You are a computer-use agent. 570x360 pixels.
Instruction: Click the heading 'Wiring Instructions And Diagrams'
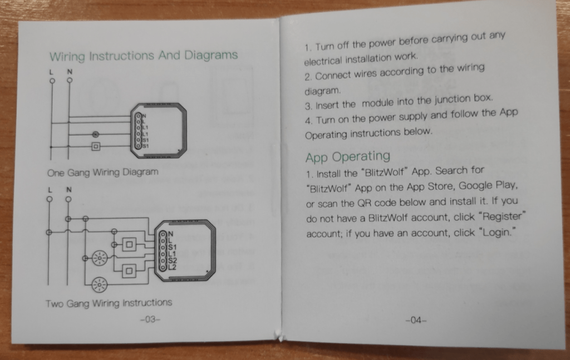click(144, 56)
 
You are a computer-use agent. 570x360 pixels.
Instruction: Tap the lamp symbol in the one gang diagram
click(95, 134)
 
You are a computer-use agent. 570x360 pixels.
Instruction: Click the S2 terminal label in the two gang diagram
click(172, 260)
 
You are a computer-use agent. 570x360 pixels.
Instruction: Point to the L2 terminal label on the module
click(172, 268)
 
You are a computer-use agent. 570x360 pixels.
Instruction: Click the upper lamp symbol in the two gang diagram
click(100, 258)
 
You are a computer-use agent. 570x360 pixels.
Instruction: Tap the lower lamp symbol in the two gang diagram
click(99, 284)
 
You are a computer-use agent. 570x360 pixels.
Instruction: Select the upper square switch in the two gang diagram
click(129, 245)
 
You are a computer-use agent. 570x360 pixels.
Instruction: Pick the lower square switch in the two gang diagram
click(129, 271)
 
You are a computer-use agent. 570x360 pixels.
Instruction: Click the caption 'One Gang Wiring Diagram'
click(103, 172)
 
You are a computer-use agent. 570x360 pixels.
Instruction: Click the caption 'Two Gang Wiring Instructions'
click(109, 303)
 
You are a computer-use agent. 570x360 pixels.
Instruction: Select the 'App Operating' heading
click(348, 156)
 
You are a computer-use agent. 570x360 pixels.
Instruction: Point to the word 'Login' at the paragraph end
click(497, 232)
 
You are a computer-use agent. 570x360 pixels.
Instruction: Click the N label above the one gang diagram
click(69, 72)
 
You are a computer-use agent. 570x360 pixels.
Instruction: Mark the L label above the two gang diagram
click(50, 190)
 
